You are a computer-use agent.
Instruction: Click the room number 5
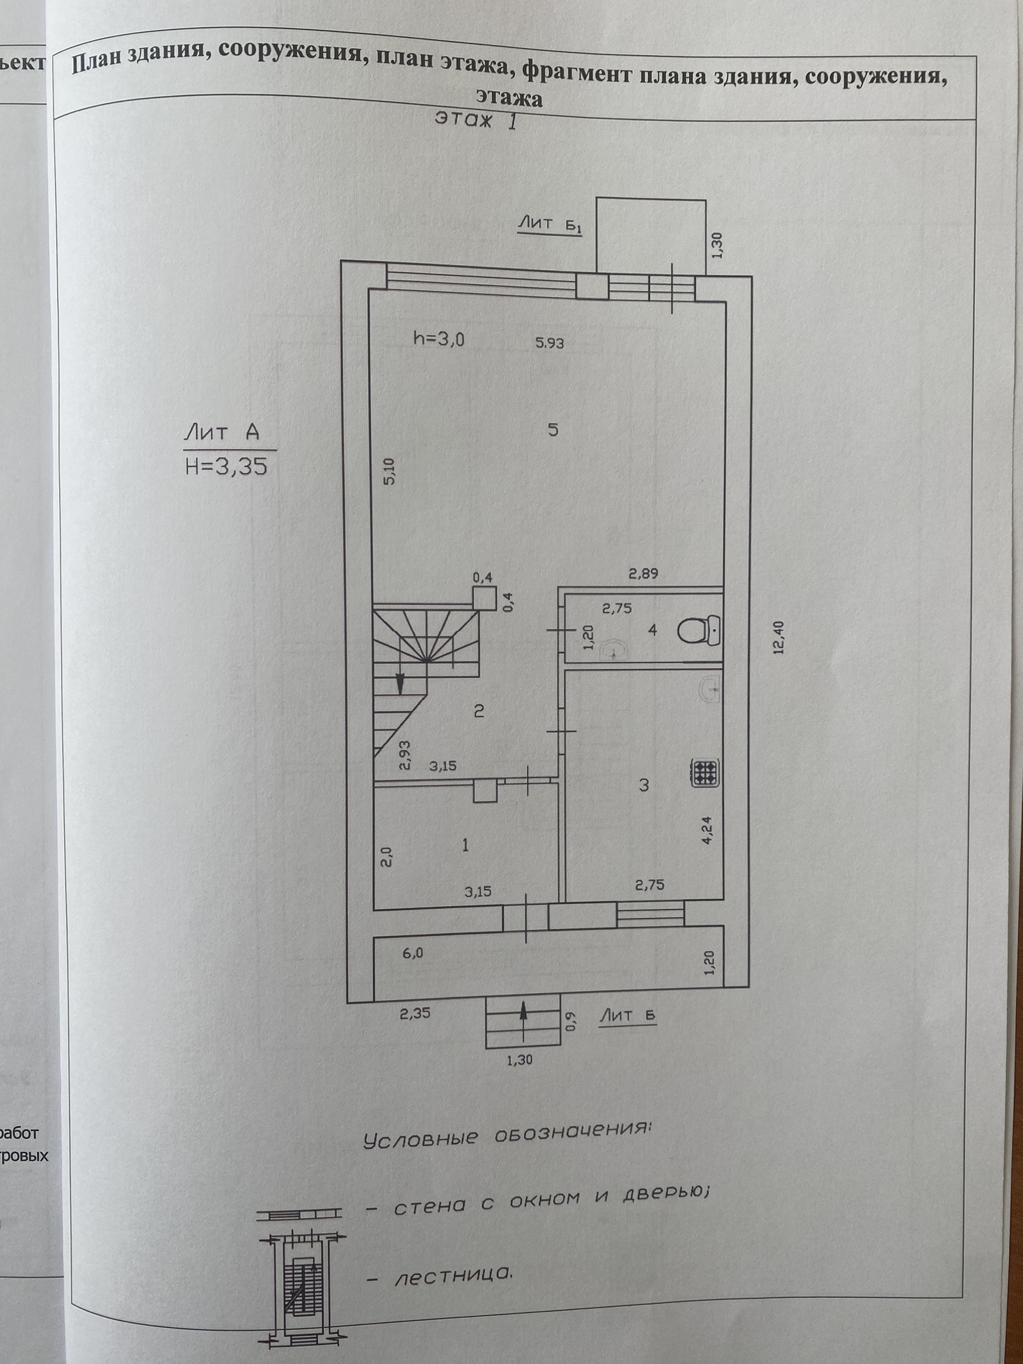coord(553,429)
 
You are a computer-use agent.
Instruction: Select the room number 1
coord(465,845)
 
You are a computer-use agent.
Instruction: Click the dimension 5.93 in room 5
coord(549,342)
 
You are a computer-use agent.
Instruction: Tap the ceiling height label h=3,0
coord(438,339)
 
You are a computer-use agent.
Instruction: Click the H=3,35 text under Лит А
coord(226,466)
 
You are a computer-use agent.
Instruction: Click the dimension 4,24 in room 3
coord(708,830)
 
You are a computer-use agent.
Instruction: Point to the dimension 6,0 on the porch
coord(412,953)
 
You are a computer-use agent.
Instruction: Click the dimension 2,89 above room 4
coord(643,574)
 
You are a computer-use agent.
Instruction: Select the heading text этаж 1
coord(477,120)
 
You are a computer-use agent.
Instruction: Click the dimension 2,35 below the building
coord(415,1013)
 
